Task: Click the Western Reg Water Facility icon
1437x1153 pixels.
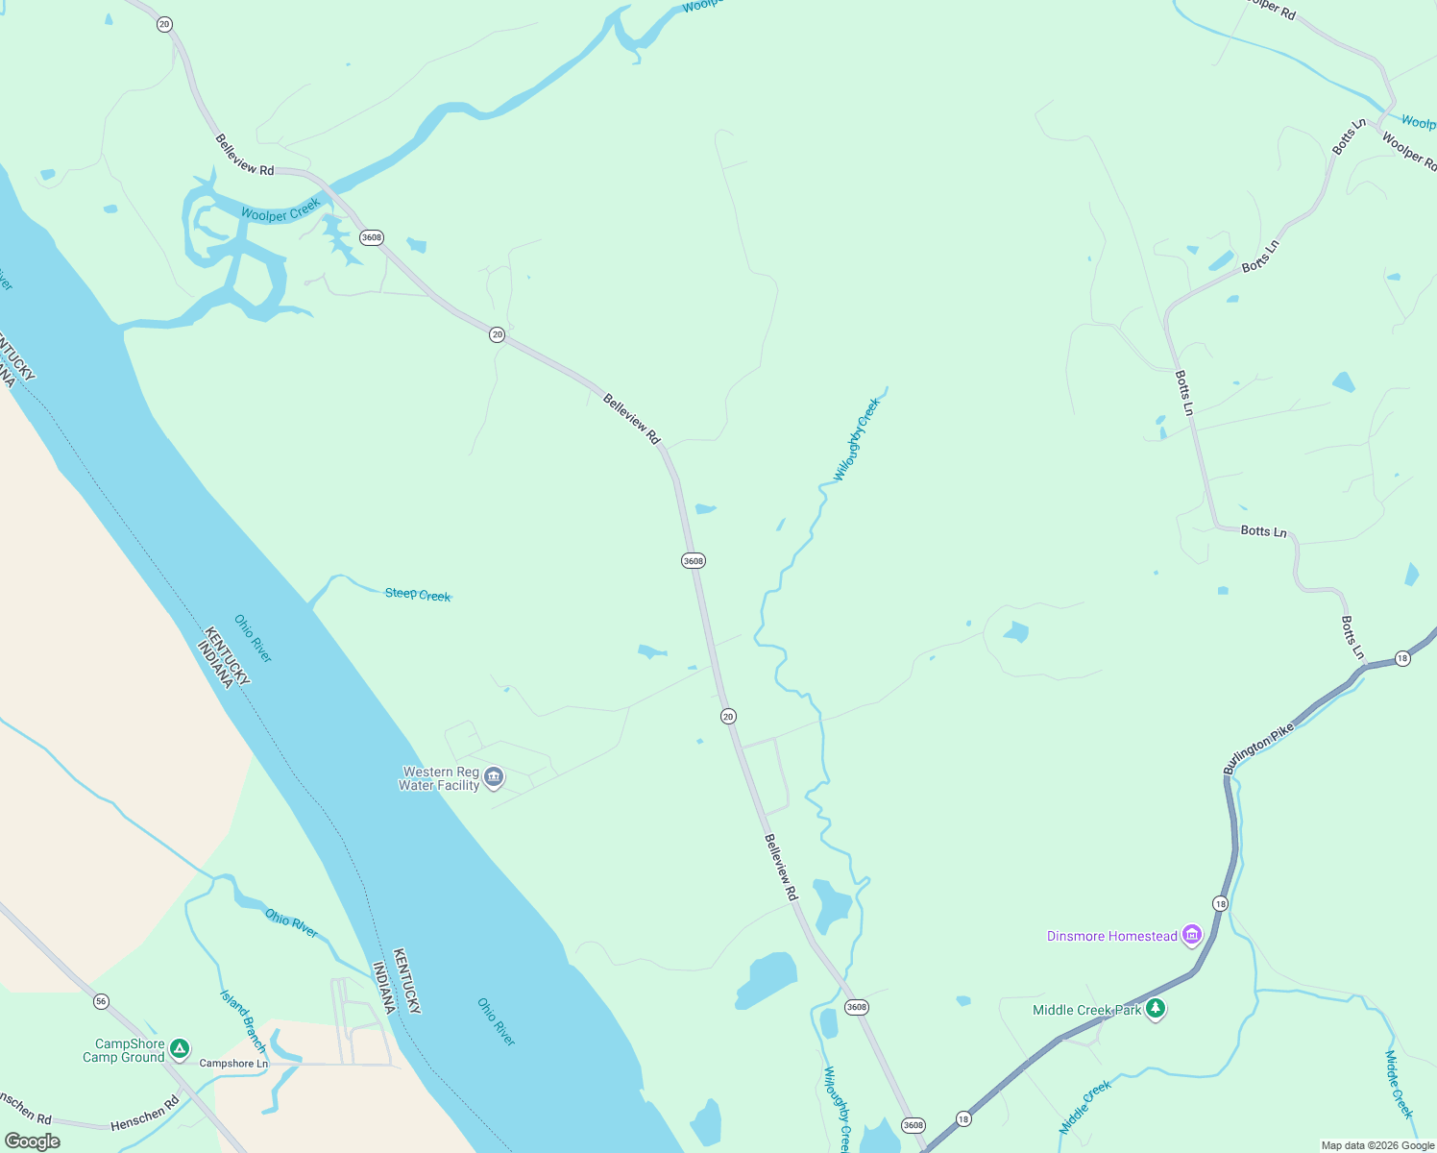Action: point(494,777)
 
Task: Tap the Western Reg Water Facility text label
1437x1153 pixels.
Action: point(439,778)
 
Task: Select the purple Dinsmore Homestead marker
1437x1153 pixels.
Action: point(1192,935)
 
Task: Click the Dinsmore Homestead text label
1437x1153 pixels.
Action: point(1112,936)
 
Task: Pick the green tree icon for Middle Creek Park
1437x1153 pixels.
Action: point(1157,1009)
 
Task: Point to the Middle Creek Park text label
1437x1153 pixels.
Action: point(1086,1010)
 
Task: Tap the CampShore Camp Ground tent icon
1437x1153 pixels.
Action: point(179,1049)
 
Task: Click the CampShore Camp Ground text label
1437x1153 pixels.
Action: point(125,1050)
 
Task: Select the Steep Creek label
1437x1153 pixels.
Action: point(418,595)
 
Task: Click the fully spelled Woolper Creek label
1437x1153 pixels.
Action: point(281,210)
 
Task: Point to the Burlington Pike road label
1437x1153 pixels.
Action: point(1258,748)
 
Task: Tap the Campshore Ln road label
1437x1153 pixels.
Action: point(233,1064)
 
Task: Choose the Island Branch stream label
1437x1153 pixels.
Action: point(243,1021)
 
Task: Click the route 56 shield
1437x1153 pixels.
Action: point(102,1001)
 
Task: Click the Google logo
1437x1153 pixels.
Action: point(33,1141)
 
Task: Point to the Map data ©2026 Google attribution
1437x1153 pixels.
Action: point(1377,1145)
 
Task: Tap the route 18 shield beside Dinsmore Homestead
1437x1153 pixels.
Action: point(1220,903)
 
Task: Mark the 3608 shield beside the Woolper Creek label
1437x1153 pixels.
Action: point(372,237)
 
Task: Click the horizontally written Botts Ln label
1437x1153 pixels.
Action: point(1263,531)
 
